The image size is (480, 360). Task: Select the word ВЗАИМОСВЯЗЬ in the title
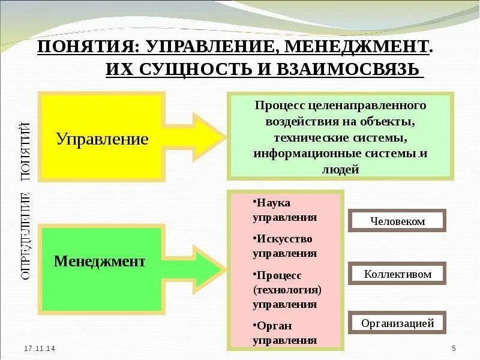point(348,68)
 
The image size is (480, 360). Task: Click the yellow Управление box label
point(102,139)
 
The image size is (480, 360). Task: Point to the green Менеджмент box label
point(100,262)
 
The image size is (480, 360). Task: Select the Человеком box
point(397,221)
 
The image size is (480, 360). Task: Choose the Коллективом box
point(397,274)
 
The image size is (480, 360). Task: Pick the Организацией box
point(397,323)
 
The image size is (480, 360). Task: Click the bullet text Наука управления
point(284,210)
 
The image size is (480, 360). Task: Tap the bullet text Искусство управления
point(284,245)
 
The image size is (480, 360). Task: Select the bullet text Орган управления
point(284,333)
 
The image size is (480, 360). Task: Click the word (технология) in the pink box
point(288,290)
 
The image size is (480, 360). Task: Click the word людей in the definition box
point(340,170)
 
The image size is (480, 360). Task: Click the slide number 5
point(454,349)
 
